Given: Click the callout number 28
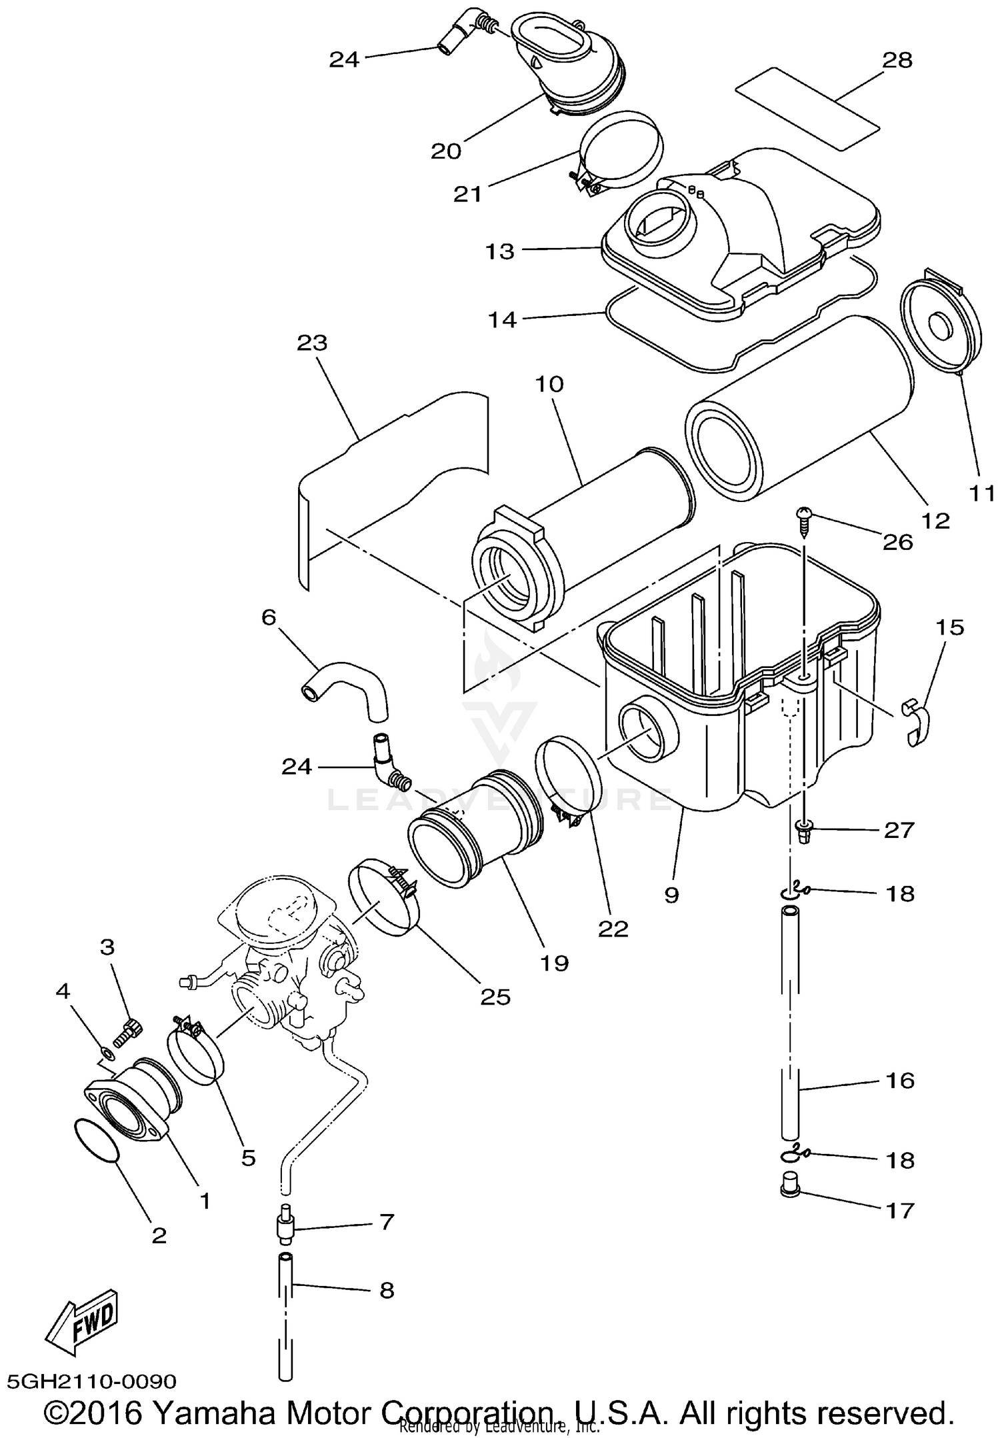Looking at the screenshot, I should point(897,60).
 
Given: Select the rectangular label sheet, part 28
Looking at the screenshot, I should point(807,108).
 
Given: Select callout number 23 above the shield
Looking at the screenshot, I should point(312,343).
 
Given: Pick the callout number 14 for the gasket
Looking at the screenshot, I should point(502,320).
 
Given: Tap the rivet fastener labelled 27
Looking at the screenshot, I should point(804,831).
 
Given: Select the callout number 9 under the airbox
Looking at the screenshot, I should point(671,895).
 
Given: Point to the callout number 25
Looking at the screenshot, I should point(495,997).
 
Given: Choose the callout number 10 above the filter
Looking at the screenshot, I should point(549,384).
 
